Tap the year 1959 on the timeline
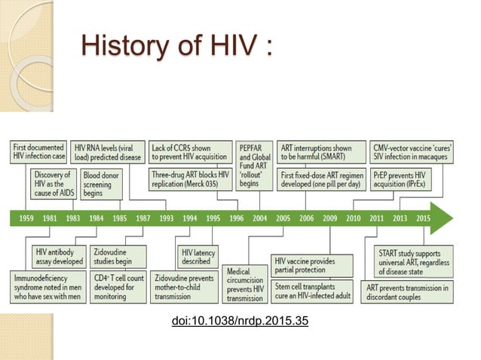coord(26,218)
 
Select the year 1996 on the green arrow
coord(236,218)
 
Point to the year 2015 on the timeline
coord(423,218)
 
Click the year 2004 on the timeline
coord(259,218)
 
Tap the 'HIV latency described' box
coord(197,257)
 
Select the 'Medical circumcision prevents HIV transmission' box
coord(244,282)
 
